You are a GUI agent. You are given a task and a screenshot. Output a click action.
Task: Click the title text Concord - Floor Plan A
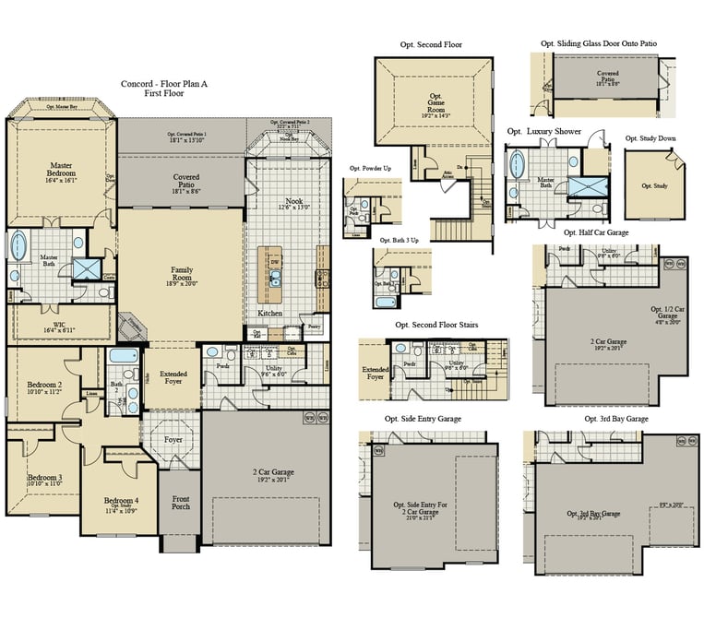point(164,84)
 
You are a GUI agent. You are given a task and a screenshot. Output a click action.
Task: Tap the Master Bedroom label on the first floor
point(62,172)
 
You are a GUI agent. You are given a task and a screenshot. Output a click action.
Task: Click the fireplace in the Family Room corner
point(135,324)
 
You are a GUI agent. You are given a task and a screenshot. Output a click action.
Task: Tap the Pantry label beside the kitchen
point(314,327)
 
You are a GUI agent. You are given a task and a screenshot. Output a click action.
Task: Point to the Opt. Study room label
point(654,185)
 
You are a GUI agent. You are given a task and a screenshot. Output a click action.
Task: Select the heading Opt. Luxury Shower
point(544,132)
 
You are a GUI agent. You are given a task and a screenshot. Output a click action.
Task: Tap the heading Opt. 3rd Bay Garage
point(616,419)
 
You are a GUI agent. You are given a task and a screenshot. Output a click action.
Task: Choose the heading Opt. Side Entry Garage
point(423,419)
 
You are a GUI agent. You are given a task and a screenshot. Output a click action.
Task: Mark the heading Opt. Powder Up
point(369,169)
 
